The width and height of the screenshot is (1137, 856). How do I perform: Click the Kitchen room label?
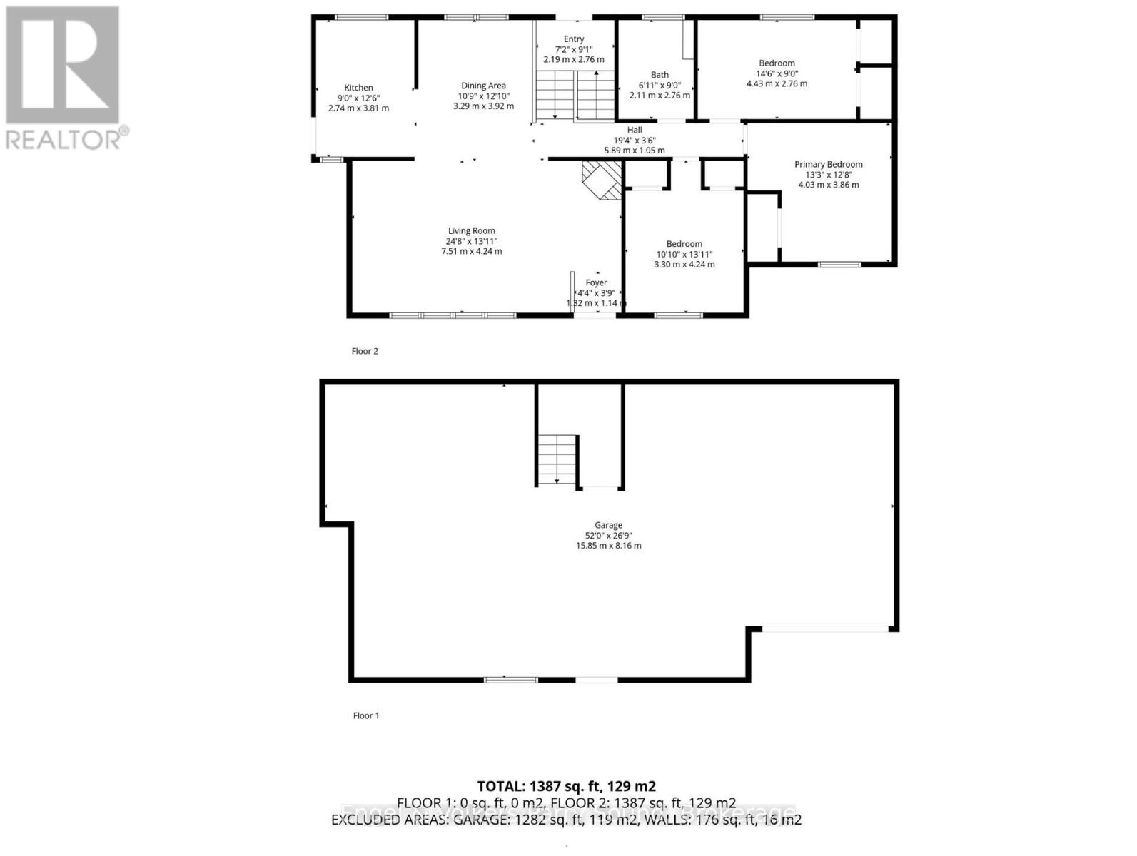[x=358, y=88]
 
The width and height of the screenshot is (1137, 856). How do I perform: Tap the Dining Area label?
[x=483, y=86]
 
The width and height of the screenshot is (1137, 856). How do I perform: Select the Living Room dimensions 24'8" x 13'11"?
[x=471, y=241]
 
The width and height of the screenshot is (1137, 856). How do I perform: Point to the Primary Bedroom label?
[x=828, y=164]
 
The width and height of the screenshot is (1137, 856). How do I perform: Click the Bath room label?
[x=660, y=75]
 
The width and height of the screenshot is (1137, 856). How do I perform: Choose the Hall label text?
[x=634, y=130]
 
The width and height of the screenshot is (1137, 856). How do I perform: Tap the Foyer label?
[x=596, y=282]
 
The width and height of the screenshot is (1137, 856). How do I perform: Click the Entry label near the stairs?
[x=574, y=39]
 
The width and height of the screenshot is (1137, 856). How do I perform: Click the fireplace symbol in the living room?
[x=601, y=180]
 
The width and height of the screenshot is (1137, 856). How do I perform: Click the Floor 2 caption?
[x=365, y=351]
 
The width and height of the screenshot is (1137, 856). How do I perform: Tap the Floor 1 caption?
[x=366, y=715]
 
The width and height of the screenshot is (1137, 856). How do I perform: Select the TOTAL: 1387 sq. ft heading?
[x=566, y=787]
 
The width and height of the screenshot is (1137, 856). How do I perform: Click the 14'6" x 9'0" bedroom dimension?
[x=777, y=73]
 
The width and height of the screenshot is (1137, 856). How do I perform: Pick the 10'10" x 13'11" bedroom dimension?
[x=684, y=254]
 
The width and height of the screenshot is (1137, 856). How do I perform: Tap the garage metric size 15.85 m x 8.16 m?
[x=608, y=546]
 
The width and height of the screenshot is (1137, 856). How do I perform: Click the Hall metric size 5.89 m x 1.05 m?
[x=634, y=151]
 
